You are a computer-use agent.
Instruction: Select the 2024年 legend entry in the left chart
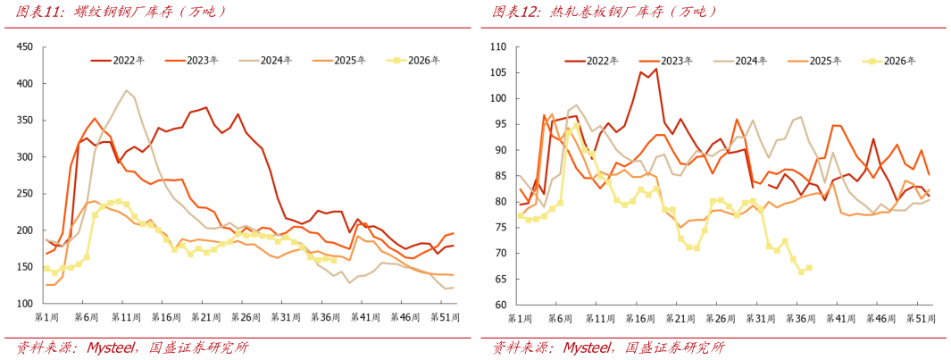click(265, 60)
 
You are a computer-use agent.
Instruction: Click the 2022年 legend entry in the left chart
click(118, 60)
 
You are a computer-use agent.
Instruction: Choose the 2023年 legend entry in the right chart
click(666, 60)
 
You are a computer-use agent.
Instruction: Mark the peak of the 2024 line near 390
click(126, 90)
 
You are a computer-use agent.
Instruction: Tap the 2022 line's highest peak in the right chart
click(656, 69)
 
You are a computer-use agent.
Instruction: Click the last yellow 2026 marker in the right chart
click(809, 268)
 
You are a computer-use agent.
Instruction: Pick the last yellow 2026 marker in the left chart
click(333, 261)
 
